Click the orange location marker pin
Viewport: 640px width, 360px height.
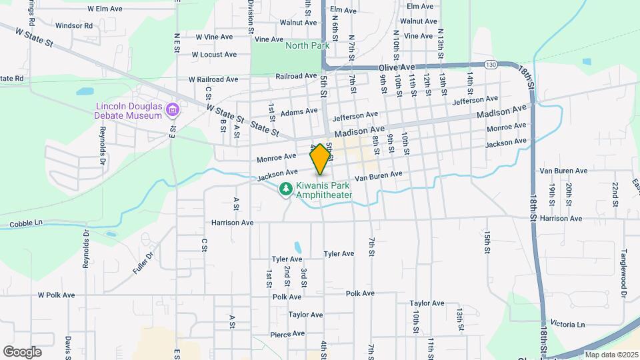[320, 159]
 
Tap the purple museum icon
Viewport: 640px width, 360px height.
[173, 109]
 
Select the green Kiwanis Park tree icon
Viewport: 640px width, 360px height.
[286, 190]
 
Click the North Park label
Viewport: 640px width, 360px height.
[307, 45]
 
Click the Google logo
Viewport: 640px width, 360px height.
[22, 351]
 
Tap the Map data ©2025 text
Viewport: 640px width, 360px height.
[610, 355]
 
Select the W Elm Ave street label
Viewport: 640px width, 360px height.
[105, 9]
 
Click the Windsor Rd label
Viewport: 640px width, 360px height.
[73, 26]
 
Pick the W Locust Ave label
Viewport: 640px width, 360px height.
[214, 55]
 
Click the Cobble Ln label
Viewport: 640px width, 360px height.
[26, 224]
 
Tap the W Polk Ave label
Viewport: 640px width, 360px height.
[57, 295]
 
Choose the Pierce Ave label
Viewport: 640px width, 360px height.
[287, 335]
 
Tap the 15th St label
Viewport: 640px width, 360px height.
[487, 242]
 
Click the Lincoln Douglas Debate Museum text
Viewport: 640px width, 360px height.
[129, 110]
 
